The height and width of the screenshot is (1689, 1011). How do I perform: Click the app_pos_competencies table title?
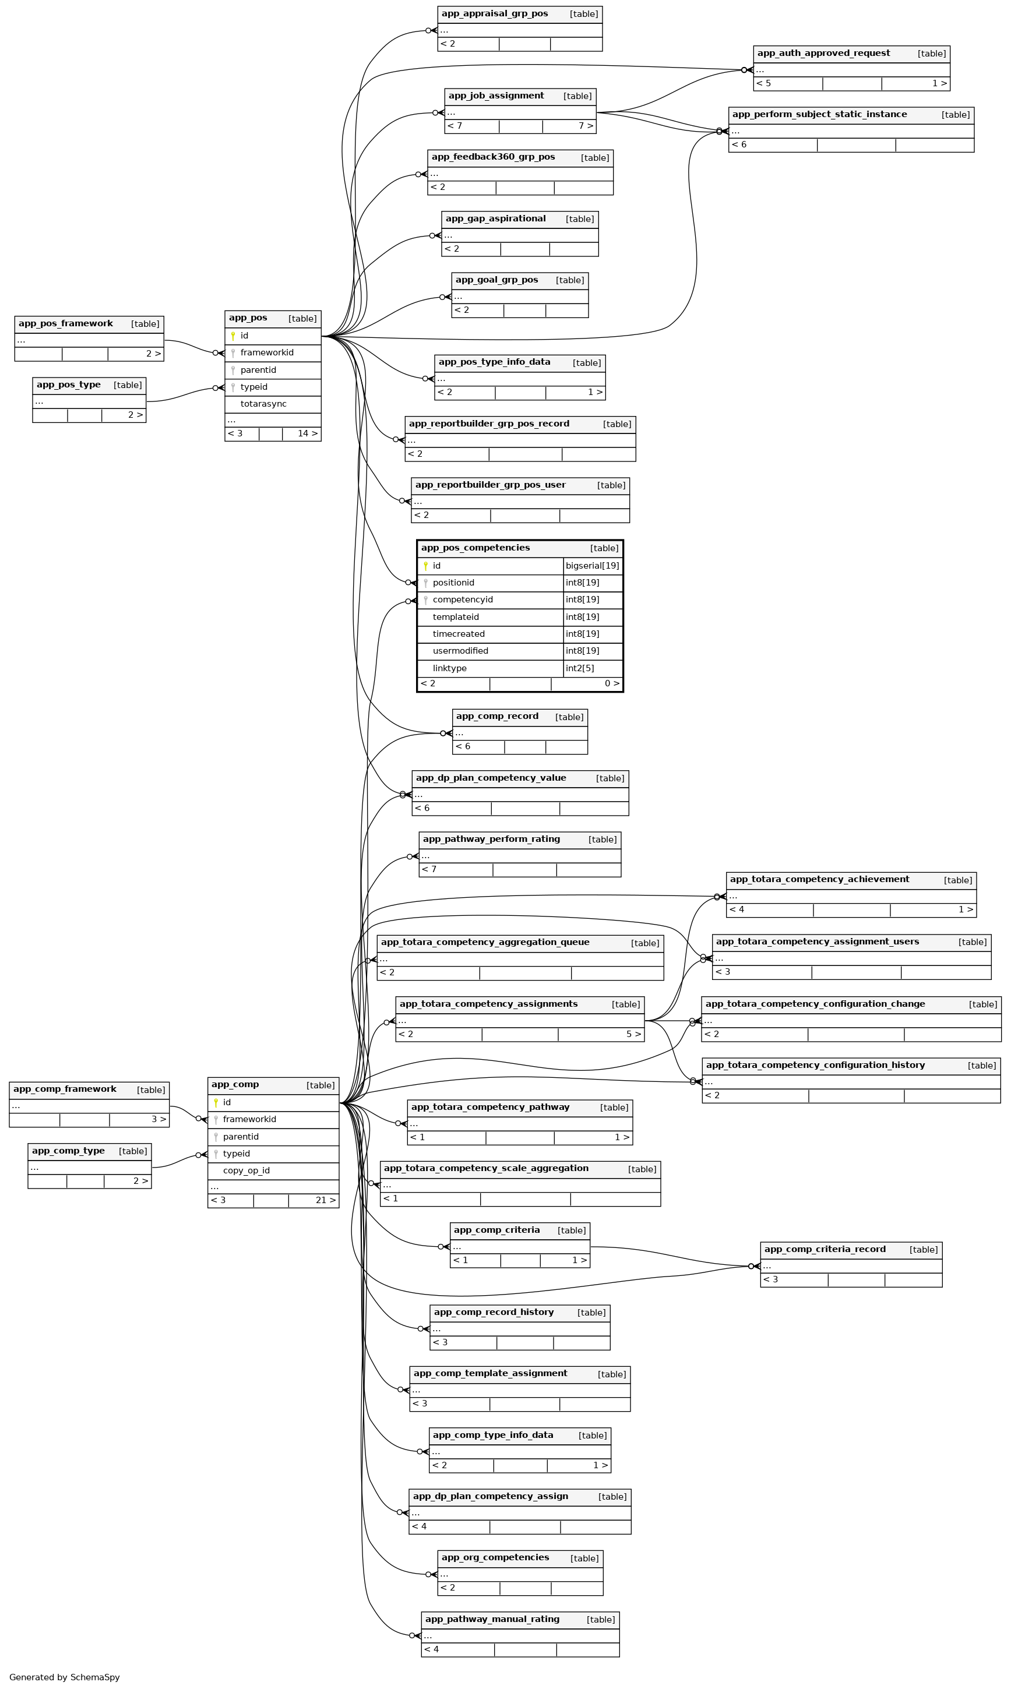(x=475, y=548)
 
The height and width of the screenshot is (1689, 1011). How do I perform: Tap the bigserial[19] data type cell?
(x=592, y=566)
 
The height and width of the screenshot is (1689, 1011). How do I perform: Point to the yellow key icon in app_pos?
(x=233, y=336)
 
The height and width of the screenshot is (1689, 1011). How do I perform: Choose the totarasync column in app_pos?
(x=263, y=404)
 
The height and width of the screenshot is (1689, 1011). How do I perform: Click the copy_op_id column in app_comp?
(x=246, y=1170)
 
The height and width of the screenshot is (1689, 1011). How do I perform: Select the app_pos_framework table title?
(x=65, y=323)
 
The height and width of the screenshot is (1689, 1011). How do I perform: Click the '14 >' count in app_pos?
(x=307, y=434)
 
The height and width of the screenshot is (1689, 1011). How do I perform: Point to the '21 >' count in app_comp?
(x=326, y=1200)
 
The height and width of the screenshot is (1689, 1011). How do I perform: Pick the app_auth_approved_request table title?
(x=823, y=53)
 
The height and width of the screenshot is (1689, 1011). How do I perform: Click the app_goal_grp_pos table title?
(x=496, y=280)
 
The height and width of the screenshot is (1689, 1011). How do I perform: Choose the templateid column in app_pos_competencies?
(x=455, y=617)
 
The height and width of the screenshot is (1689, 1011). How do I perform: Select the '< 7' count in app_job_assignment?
(x=455, y=126)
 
